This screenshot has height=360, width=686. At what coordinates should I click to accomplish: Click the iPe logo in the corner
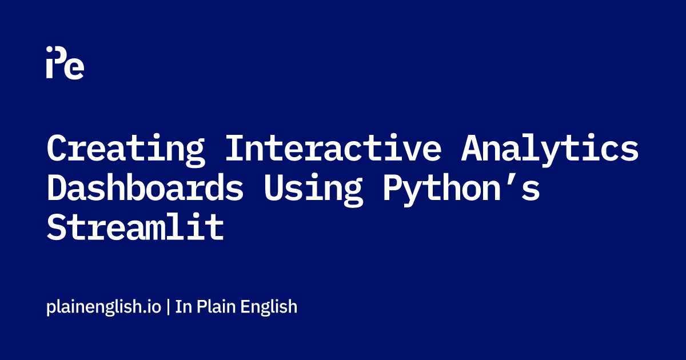point(65,62)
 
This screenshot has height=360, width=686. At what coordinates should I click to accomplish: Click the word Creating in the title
point(126,150)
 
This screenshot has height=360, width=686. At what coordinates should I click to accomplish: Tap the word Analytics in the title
point(550,150)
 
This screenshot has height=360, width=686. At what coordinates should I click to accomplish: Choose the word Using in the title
point(313,189)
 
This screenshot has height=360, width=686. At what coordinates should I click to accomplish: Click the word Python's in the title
point(461,189)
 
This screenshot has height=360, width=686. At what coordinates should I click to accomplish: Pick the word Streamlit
point(135,226)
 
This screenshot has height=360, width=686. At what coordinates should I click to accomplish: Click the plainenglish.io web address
point(104,307)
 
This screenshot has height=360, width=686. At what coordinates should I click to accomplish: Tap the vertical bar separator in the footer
point(168,307)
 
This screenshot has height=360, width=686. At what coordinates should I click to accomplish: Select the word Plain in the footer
point(216,306)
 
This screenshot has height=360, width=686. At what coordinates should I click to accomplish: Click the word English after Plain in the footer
point(269,307)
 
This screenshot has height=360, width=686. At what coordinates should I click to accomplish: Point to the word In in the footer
point(184,307)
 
